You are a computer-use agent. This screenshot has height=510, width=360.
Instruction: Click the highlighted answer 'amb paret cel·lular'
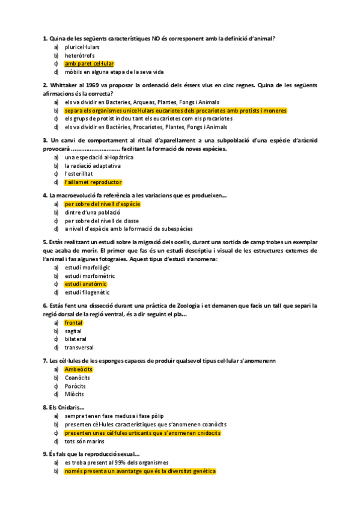(x=89, y=63)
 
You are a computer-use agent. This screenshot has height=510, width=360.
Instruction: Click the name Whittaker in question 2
(x=64, y=85)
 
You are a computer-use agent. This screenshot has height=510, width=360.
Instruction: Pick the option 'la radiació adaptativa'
(x=93, y=165)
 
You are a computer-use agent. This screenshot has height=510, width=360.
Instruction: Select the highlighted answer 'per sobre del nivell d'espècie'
(x=102, y=204)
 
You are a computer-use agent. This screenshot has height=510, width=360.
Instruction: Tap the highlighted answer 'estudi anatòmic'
(x=85, y=284)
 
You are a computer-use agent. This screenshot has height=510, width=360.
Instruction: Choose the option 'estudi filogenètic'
(x=88, y=292)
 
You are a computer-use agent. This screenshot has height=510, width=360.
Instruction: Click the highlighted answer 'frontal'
(x=73, y=322)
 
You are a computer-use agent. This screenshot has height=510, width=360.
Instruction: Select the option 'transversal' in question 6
(x=79, y=347)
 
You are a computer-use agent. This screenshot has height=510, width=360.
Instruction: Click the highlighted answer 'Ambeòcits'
(x=78, y=369)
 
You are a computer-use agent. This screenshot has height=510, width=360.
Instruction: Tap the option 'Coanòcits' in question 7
(x=78, y=377)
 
